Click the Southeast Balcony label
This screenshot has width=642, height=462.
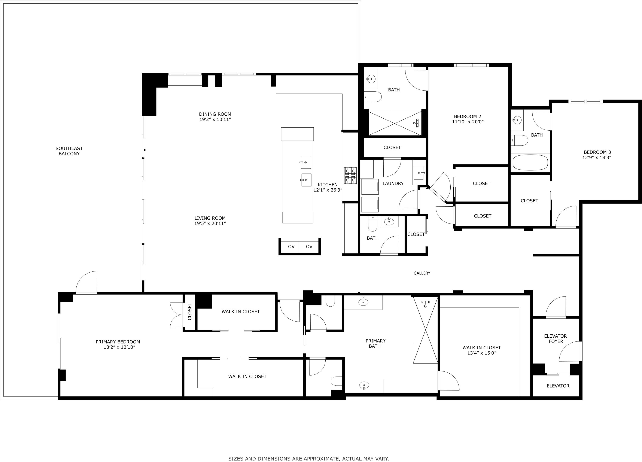(69, 151)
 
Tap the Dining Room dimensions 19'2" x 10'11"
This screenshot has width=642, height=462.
(215, 119)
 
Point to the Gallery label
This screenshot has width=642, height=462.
(422, 273)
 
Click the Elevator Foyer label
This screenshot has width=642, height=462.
(555, 338)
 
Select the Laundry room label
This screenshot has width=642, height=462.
(393, 183)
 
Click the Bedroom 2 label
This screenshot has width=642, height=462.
(467, 116)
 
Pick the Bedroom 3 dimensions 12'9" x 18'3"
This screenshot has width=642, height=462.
(597, 157)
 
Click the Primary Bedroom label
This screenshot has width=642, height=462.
(118, 342)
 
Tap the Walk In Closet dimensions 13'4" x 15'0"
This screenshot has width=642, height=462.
(481, 353)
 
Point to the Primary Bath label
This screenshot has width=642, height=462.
(375, 343)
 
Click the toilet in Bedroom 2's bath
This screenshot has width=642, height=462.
(372, 97)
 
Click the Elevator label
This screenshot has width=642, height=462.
(558, 386)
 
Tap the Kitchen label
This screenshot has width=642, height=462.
(328, 185)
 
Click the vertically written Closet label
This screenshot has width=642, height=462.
(190, 311)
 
